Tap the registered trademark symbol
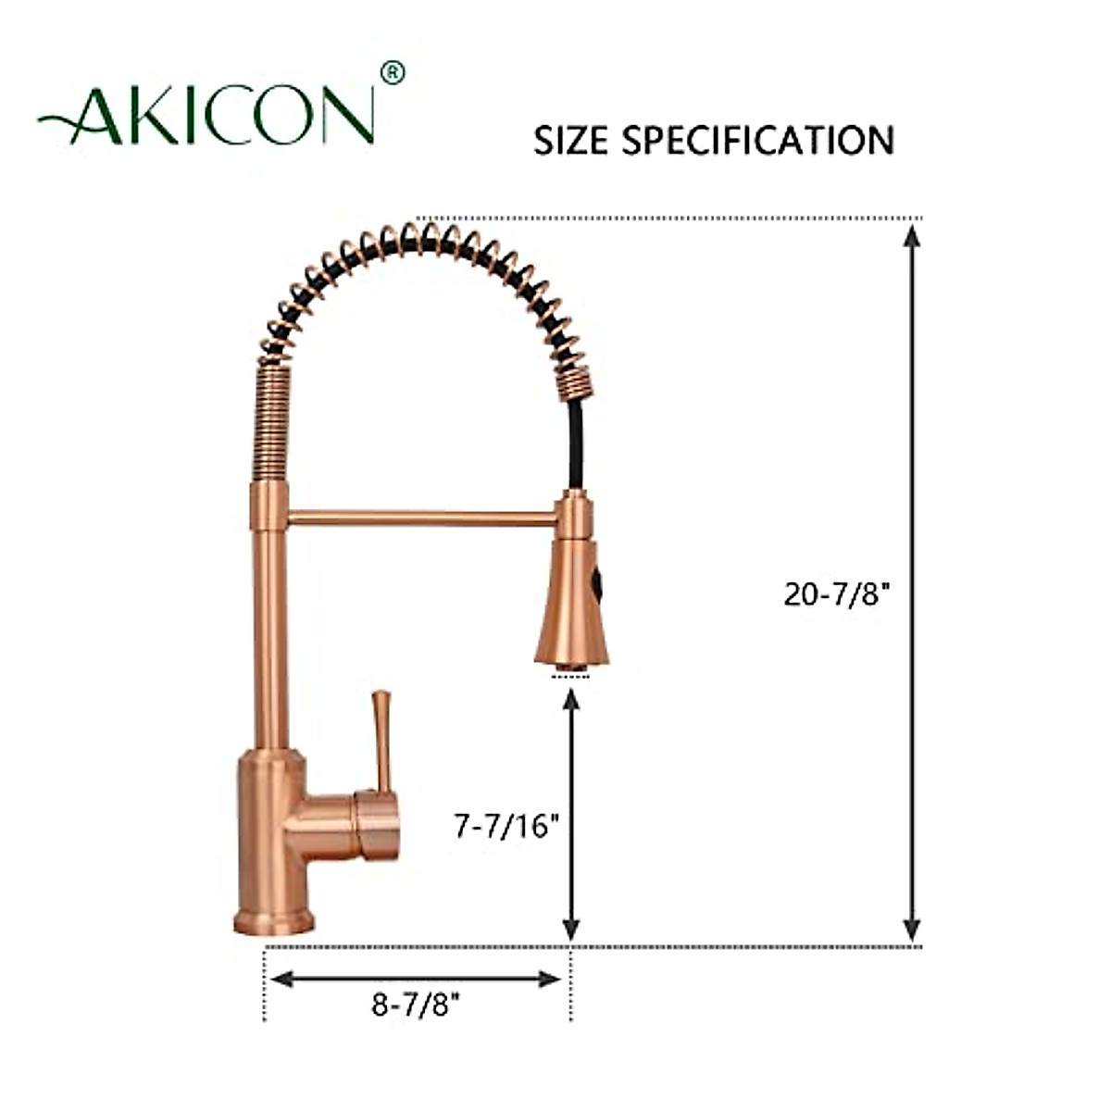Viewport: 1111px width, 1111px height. coord(393,72)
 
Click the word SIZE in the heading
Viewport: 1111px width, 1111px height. coord(571,140)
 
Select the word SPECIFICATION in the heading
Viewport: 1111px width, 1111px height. coord(757,140)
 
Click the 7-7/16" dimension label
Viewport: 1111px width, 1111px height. coord(508,825)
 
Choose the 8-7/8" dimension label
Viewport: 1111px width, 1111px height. coord(416,1005)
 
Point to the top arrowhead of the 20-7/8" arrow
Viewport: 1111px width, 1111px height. coord(912,237)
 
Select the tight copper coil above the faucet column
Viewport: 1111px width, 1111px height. coord(272,420)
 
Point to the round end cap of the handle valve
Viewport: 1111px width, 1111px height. coord(380,824)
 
